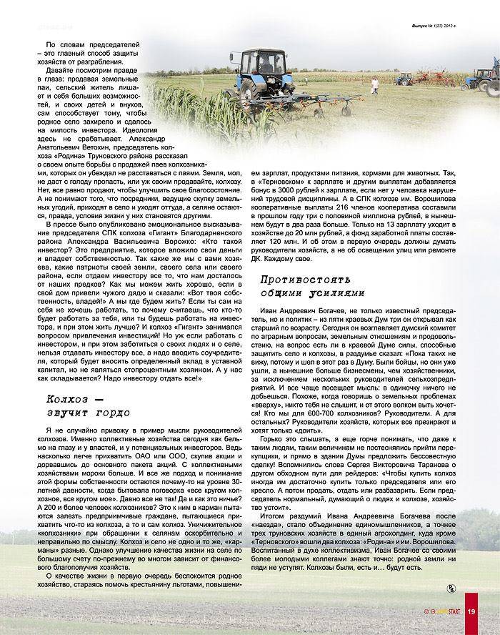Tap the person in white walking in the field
[374, 87]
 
